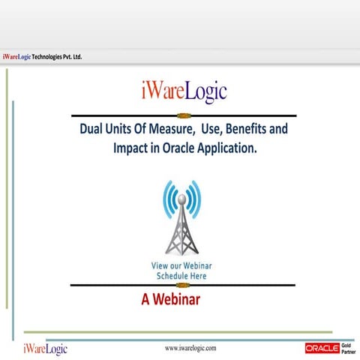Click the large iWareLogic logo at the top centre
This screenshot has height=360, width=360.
coord(183,91)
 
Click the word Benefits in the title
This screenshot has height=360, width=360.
coord(242,130)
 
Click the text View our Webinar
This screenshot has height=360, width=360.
coord(182,266)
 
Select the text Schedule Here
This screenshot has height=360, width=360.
coord(182,276)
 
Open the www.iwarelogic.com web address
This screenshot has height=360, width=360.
coord(190,348)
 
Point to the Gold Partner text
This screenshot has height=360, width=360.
coord(348,348)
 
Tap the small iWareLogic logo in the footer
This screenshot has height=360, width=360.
coord(45,349)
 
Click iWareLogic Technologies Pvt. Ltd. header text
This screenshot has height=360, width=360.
coord(42,57)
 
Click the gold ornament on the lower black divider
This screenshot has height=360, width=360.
coord(182,285)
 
